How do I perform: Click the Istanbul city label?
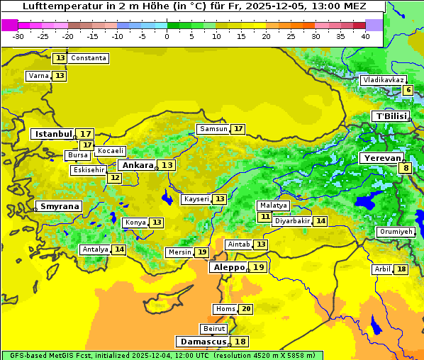coord(54,133)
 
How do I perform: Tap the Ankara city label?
coord(137,165)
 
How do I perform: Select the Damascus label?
coord(203,342)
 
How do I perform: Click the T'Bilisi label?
coord(391,116)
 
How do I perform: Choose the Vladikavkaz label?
coord(383,80)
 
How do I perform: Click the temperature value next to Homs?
coord(246,309)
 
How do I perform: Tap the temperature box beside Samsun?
coord(238,129)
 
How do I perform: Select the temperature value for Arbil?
coord(401,269)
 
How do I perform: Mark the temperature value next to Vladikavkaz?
coord(408,90)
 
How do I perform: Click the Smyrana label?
coord(60,206)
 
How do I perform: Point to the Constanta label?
coord(89,58)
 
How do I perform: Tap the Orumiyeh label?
coord(395,232)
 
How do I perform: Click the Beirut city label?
coord(214,329)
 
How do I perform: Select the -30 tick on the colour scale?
coord(18,36)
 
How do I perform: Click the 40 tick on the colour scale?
coord(365,36)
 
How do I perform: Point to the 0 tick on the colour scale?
coord(167,36)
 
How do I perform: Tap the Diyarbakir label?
coord(292,221)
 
